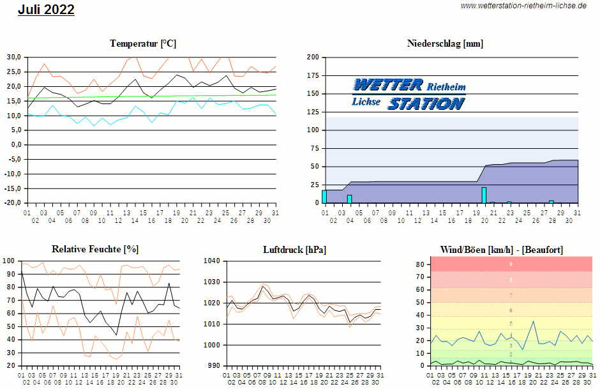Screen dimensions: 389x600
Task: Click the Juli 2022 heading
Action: [46, 10]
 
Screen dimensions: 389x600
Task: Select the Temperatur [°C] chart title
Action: [143, 43]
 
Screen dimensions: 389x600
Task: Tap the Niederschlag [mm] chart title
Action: [445, 43]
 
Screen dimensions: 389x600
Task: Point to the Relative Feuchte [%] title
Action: [95, 249]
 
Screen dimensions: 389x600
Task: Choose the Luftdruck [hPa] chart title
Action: [294, 249]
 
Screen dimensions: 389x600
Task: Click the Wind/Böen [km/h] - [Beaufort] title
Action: [502, 249]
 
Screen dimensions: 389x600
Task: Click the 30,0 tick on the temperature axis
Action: [15, 57]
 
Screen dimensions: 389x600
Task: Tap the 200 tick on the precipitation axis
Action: [313, 57]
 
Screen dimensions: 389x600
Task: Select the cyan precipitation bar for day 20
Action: [484, 195]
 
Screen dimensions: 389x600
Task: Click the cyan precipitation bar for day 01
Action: [324, 196]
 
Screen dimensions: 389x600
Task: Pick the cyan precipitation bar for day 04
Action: [349, 199]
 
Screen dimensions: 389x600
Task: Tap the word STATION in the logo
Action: [426, 103]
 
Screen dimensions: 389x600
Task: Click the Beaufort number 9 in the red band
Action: [511, 264]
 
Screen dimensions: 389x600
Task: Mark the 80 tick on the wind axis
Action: [419, 264]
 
